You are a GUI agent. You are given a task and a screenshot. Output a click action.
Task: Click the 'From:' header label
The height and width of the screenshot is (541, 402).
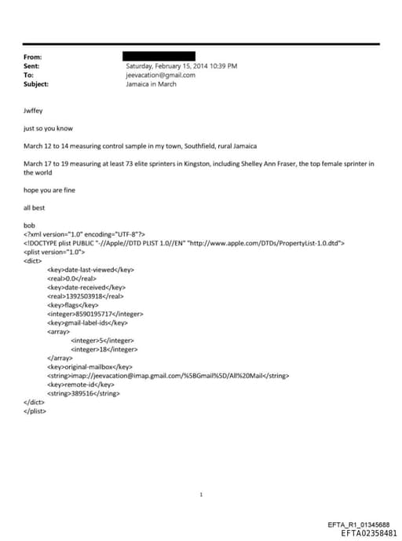click(x=32, y=57)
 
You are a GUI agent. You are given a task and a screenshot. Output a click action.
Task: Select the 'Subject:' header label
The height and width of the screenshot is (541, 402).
click(x=36, y=83)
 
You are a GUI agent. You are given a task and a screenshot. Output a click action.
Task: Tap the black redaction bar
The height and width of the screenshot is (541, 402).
click(x=159, y=57)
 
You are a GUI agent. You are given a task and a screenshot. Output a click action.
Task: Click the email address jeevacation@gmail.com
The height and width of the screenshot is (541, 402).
click(x=158, y=75)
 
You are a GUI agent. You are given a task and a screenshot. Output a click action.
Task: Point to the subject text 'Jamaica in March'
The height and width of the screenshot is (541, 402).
click(x=152, y=83)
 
